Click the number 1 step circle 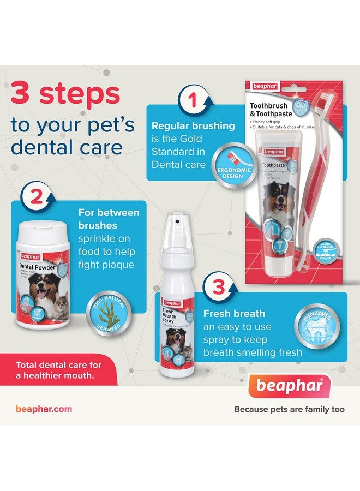[x=191, y=100]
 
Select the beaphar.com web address [x=44, y=409]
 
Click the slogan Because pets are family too [x=289, y=409]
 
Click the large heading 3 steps [x=65, y=93]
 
